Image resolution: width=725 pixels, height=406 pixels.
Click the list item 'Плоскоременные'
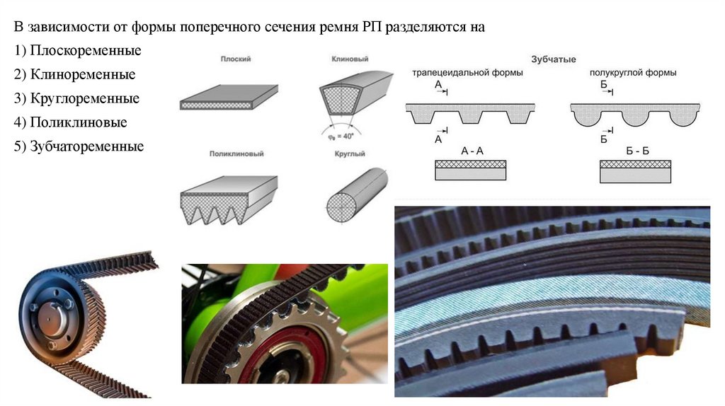(78, 50)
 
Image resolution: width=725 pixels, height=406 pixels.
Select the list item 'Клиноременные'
(75, 74)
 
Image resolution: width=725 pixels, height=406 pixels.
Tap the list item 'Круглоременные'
(76, 98)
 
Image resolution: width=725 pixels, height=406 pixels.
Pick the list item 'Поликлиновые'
(71, 122)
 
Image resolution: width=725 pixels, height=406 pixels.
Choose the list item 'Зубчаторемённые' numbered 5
(79, 146)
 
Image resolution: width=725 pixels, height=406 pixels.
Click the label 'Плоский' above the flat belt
(236, 59)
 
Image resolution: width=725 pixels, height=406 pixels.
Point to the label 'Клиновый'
(350, 59)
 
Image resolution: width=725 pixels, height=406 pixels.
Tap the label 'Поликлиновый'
(236, 153)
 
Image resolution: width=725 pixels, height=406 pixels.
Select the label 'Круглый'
(350, 153)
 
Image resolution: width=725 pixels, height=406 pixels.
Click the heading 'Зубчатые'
(554, 59)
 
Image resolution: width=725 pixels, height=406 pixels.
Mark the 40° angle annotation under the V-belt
(341, 137)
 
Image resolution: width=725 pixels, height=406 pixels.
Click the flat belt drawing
(229, 97)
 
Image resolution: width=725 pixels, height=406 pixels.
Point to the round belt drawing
(357, 195)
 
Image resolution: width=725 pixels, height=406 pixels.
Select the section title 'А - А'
(472, 151)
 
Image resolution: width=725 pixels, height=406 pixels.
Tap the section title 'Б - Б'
(637, 151)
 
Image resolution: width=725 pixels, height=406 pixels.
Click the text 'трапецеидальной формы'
(467, 73)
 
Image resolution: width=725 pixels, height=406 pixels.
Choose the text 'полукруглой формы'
(633, 73)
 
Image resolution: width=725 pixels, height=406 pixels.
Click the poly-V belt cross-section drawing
(229, 200)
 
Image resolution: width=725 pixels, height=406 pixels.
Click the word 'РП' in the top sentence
(370, 27)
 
